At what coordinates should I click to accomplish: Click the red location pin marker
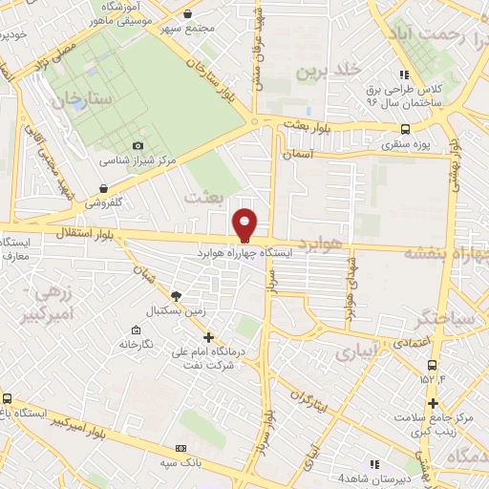(245, 224)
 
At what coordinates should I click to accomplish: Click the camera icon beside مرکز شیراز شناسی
(138, 144)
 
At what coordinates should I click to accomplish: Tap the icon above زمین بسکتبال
(176, 295)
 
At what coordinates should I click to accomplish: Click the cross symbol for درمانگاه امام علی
(209, 336)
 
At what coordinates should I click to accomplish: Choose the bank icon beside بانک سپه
(181, 448)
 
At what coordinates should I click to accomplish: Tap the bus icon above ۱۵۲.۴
(433, 364)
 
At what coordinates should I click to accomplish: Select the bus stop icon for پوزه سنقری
(406, 129)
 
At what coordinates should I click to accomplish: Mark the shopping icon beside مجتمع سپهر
(186, 13)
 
